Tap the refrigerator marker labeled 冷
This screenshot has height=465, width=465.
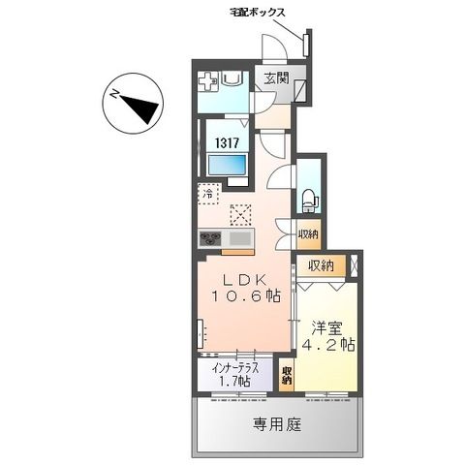pos(208,194)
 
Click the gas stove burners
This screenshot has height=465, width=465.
pos(211,239)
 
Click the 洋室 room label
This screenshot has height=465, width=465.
pos(327,326)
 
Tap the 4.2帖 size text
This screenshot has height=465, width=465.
pos(327,346)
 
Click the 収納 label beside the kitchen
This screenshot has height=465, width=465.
pos(308,233)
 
